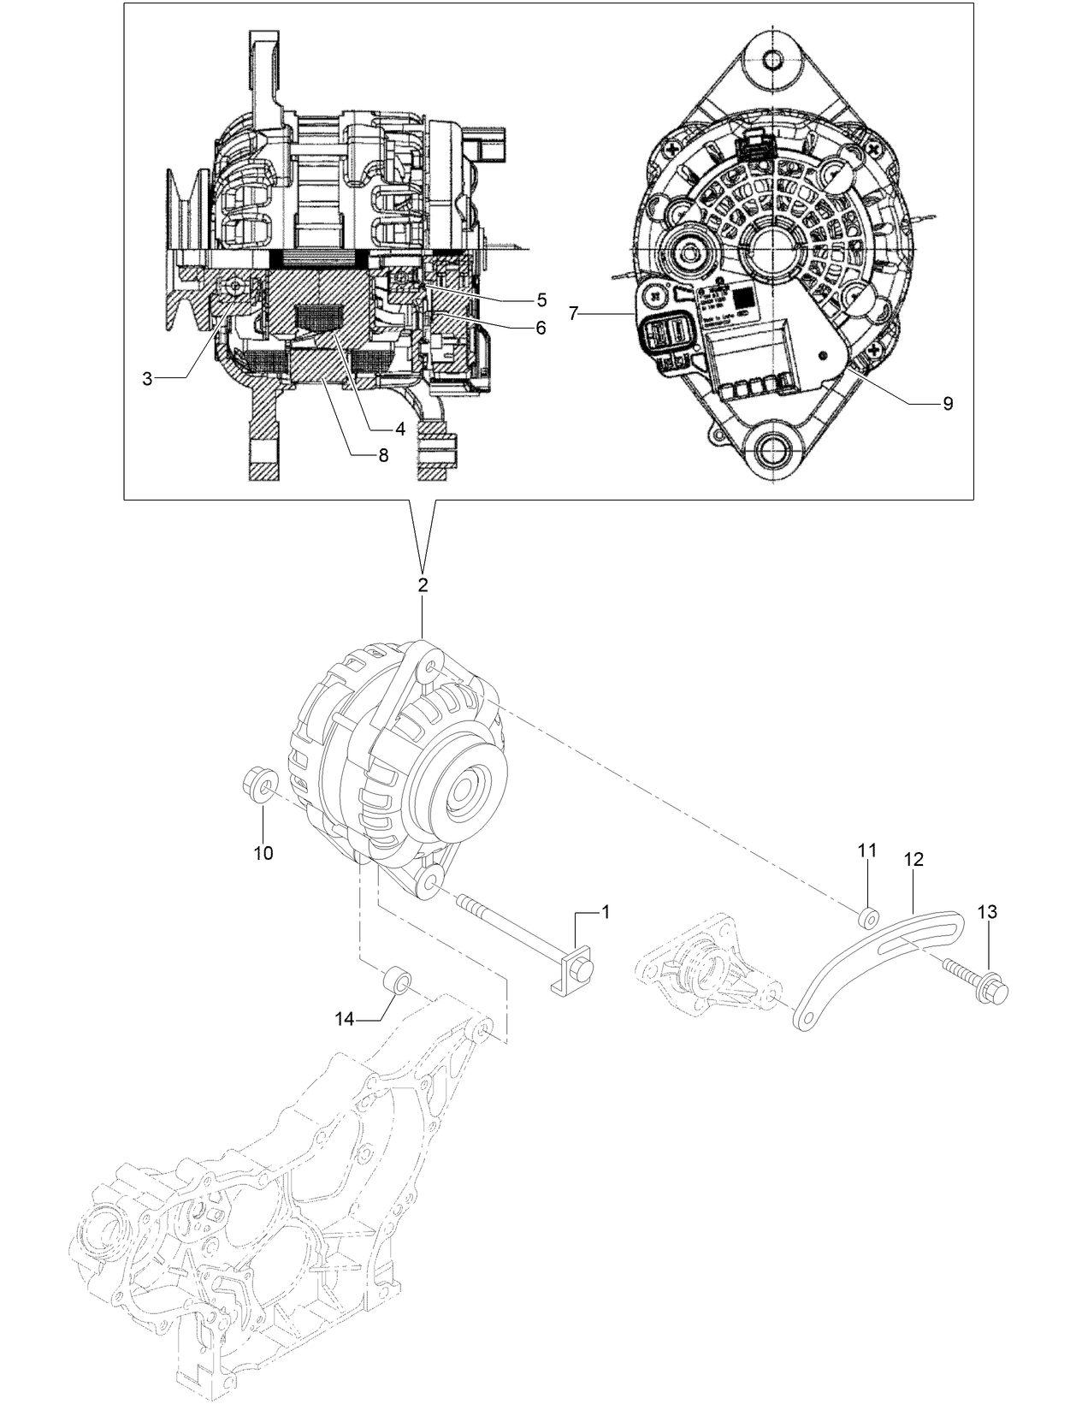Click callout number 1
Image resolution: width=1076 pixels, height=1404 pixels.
606,912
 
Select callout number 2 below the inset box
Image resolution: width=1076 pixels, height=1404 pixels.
423,586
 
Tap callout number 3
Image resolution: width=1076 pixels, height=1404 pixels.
148,379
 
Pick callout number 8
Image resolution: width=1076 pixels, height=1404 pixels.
383,455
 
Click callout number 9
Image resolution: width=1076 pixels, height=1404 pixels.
947,404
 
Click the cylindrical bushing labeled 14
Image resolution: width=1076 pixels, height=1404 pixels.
398,978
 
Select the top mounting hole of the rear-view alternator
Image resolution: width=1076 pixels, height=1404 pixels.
773,60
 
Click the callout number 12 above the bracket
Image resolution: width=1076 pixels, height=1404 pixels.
913,859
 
